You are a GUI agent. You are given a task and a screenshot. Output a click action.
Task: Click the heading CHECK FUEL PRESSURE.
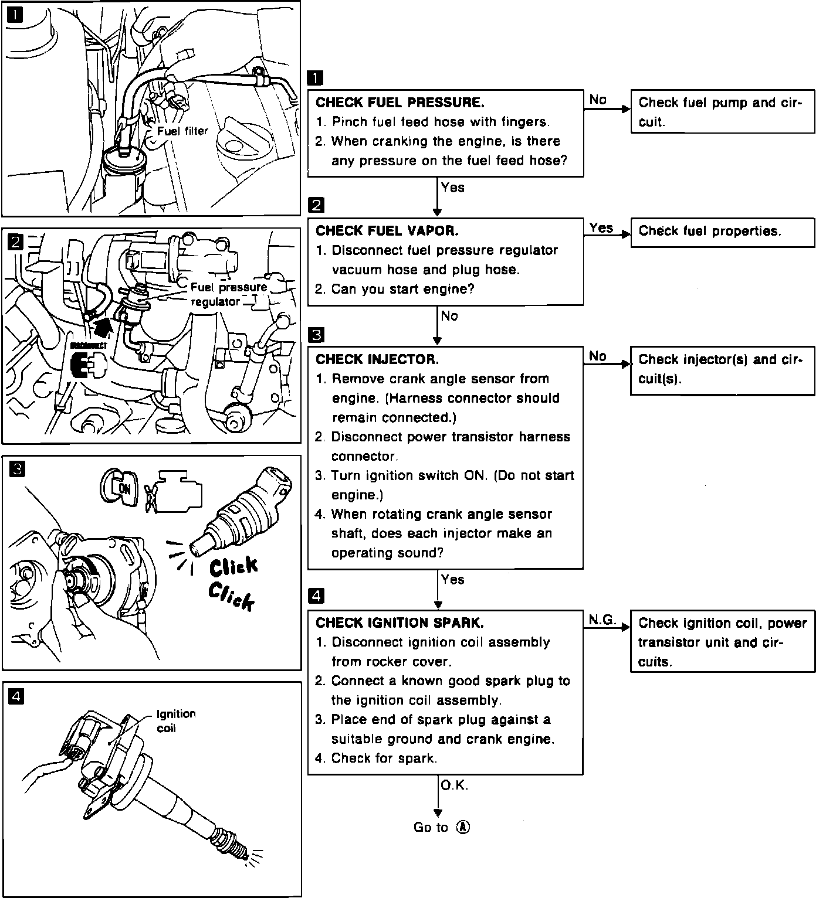(400, 103)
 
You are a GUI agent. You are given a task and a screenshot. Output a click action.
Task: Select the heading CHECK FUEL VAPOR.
(387, 231)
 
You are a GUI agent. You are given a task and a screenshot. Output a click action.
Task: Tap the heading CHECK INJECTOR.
(377, 359)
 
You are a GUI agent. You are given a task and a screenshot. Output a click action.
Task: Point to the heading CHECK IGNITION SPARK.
(400, 623)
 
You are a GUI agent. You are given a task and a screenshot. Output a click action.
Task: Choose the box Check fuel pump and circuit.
(722, 112)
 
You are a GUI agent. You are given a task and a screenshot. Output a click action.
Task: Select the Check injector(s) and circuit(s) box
(722, 369)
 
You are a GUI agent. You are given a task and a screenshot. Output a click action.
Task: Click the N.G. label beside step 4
(601, 620)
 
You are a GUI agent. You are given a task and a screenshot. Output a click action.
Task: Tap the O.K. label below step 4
(454, 785)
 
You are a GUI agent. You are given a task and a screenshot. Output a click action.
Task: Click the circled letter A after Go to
(463, 827)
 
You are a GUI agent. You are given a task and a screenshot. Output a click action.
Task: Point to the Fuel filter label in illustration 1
(182, 131)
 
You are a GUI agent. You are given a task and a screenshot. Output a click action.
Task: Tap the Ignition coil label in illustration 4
(175, 721)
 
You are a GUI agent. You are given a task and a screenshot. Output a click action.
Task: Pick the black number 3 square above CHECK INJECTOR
(316, 335)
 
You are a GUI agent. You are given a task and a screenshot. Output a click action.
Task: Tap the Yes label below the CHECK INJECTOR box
(453, 580)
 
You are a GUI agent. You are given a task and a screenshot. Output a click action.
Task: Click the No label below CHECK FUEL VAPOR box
(449, 317)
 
